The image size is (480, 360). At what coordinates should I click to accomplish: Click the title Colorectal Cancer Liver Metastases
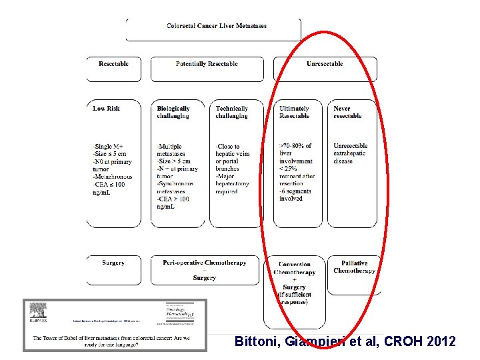(x=216, y=26)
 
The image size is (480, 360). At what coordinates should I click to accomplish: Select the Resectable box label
(x=113, y=64)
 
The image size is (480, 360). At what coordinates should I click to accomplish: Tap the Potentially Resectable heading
(x=207, y=64)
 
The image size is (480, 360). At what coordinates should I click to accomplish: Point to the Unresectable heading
(x=325, y=64)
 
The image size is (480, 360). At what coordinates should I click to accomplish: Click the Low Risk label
(x=107, y=108)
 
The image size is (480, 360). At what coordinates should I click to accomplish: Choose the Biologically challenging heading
(x=173, y=112)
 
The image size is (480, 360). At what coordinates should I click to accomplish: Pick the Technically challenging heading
(x=232, y=112)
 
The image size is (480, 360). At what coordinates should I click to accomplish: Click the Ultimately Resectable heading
(x=294, y=112)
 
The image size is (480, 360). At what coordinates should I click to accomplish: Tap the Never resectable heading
(x=347, y=112)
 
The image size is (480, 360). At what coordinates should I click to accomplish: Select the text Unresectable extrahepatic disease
(x=351, y=153)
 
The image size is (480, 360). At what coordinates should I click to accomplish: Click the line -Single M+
(x=109, y=147)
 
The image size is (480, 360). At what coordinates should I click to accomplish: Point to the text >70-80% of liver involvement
(x=296, y=153)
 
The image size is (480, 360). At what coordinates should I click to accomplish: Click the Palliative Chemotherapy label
(x=355, y=267)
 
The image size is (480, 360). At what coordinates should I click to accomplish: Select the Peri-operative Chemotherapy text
(x=204, y=263)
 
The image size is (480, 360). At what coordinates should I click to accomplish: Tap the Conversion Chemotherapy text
(x=295, y=269)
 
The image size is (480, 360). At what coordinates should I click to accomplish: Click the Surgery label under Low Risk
(x=113, y=263)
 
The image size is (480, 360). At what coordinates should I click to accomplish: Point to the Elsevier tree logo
(x=38, y=312)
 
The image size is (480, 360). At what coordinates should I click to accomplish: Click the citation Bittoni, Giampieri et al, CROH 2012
(x=345, y=341)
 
